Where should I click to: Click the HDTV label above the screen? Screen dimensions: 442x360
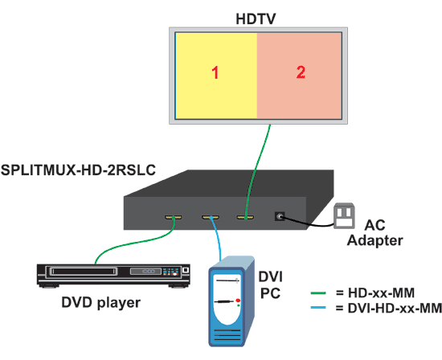256,19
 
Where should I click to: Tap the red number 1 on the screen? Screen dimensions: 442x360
215,72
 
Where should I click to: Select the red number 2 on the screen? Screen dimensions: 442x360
301,72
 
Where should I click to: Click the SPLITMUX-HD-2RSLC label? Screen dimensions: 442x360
78,170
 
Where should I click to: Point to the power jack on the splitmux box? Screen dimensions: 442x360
280,216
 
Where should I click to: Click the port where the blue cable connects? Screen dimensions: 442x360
211,217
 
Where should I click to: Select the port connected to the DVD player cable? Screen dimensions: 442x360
174,217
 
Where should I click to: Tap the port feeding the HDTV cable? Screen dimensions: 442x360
245,217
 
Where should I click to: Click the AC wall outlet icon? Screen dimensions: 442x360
344,215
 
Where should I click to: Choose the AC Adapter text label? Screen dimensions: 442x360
375,233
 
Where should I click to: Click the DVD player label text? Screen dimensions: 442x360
101,303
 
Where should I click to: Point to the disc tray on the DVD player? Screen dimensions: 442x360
84,272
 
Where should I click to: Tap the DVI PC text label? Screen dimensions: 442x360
270,285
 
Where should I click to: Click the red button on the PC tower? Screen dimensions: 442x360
238,301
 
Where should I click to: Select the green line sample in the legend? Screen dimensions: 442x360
318,293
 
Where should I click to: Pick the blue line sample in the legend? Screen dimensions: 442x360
318,308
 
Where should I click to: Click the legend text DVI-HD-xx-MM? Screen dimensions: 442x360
395,308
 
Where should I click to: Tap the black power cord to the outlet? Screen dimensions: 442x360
306,223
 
